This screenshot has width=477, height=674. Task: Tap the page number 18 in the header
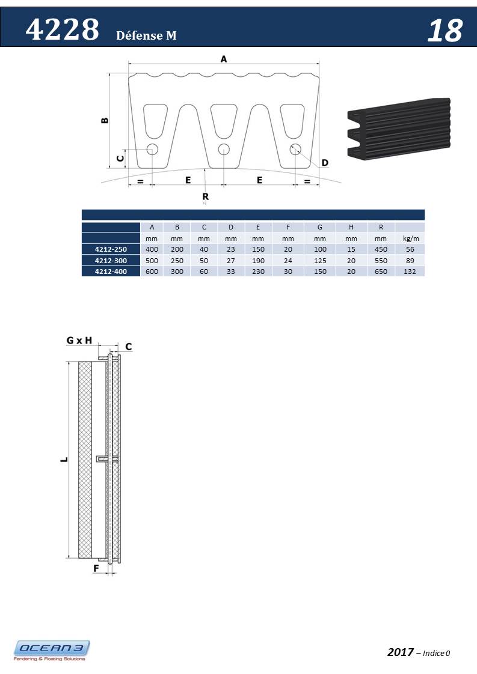coord(445,31)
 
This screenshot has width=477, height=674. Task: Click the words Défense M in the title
coord(146,36)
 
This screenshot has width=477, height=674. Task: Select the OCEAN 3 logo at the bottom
coord(52,650)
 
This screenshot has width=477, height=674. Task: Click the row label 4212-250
coord(111,249)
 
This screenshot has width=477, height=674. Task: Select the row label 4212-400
coord(111,272)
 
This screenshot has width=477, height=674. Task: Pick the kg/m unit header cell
coord(410,238)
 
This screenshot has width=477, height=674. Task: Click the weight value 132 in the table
coord(410,272)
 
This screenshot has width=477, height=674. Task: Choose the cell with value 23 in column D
coord(231,249)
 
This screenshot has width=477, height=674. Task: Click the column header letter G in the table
coord(319,227)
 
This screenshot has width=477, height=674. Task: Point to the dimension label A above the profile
coord(224,59)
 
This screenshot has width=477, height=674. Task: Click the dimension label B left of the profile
coord(105,120)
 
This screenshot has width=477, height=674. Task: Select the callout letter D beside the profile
coord(325,163)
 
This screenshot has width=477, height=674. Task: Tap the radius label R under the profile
coord(205,196)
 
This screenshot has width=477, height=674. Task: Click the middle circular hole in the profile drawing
coord(224,149)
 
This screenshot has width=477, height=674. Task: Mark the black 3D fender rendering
coord(399,128)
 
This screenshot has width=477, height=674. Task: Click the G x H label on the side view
coord(79,340)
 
